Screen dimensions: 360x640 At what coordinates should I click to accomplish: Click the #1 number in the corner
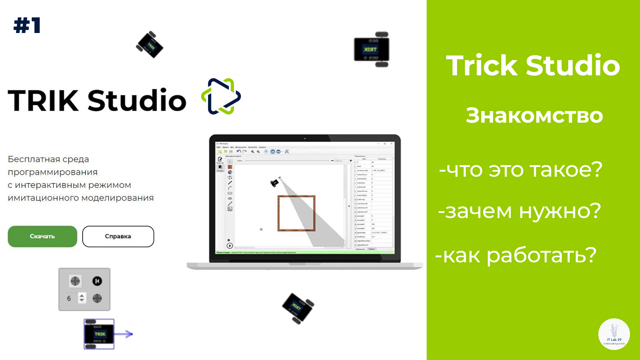[x=27, y=25]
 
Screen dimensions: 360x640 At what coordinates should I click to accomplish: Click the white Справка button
[x=118, y=236]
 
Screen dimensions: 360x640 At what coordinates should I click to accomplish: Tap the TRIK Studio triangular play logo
[x=221, y=97]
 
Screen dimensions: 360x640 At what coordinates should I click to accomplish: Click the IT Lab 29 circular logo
[x=614, y=334]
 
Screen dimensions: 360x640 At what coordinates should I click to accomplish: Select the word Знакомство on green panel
[x=534, y=115]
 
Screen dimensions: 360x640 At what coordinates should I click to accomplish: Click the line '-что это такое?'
[x=521, y=169]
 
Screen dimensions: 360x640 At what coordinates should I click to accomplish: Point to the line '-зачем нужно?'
[x=519, y=211]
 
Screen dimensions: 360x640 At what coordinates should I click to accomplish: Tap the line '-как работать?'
[x=516, y=255]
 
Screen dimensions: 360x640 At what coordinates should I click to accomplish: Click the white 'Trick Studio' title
[x=533, y=65]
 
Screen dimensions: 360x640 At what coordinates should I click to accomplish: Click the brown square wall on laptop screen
[x=296, y=197]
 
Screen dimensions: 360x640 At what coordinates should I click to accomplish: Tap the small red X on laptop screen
[x=261, y=229]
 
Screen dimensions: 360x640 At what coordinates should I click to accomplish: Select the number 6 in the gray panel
[x=69, y=298]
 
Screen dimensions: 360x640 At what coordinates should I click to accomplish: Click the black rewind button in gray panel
[x=97, y=281]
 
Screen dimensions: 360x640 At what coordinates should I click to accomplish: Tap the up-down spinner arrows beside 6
[x=82, y=298]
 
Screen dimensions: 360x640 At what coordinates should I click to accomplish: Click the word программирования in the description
[x=53, y=172]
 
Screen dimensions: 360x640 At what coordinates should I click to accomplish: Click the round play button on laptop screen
[x=230, y=246]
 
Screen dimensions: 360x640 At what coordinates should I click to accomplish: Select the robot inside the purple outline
[x=99, y=334]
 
